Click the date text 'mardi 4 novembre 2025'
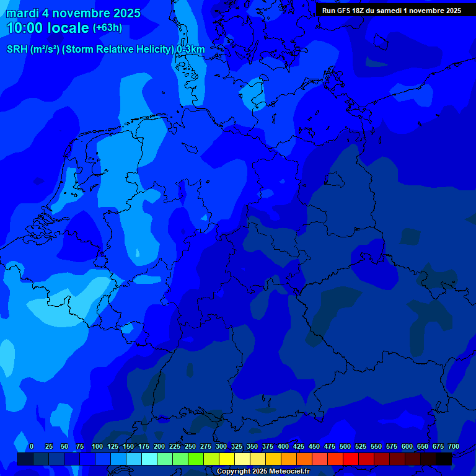pyautogui.click(x=73, y=14)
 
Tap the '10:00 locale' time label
pyautogui.click(x=48, y=28)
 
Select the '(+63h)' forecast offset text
pyautogui.click(x=107, y=28)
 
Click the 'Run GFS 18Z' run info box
pyautogui.click(x=391, y=11)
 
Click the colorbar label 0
pyautogui.click(x=32, y=447)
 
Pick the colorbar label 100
pyautogui.click(x=97, y=447)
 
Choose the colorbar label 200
pyautogui.click(x=159, y=447)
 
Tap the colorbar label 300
pyautogui.click(x=221, y=447)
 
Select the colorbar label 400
pyautogui.click(x=283, y=447)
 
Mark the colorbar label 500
pyautogui.click(x=345, y=447)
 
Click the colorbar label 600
pyautogui.click(x=407, y=447)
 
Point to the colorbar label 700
pyautogui.click(x=454, y=447)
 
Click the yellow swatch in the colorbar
pyautogui.click(x=227, y=459)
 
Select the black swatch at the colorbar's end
pyautogui.click(x=444, y=459)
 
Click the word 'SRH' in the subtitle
pyautogui.click(x=17, y=50)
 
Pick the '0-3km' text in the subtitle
pyautogui.click(x=191, y=50)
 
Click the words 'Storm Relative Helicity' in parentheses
pyautogui.click(x=118, y=50)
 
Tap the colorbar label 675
pyautogui.click(x=438, y=447)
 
